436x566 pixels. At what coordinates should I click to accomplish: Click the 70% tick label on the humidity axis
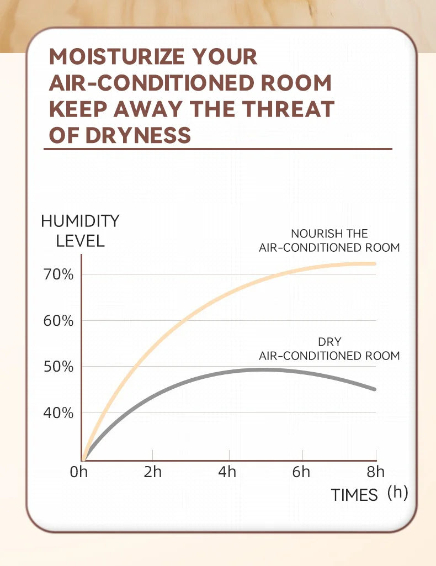pyautogui.click(x=59, y=274)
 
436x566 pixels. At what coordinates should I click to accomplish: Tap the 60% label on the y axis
pyautogui.click(x=59, y=320)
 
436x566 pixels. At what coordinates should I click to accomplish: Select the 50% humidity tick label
pyautogui.click(x=59, y=367)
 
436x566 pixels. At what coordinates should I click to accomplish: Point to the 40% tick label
pyautogui.click(x=59, y=412)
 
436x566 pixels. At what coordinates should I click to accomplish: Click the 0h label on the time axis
pyautogui.click(x=79, y=472)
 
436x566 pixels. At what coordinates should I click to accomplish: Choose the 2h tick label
pyautogui.click(x=152, y=472)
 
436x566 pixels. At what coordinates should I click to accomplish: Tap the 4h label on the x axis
pyautogui.click(x=227, y=472)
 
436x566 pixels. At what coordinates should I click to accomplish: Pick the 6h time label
pyautogui.click(x=301, y=472)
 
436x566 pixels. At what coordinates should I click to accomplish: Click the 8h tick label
pyautogui.click(x=376, y=472)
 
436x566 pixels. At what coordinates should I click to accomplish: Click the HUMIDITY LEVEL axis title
pyautogui.click(x=80, y=231)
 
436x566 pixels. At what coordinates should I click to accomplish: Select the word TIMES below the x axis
pyautogui.click(x=354, y=495)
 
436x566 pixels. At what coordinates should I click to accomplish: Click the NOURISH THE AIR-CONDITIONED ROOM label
pyautogui.click(x=329, y=241)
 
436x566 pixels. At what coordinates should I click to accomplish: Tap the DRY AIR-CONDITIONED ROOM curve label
pyautogui.click(x=329, y=349)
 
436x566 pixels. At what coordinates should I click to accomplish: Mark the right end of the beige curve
pyautogui.click(x=375, y=263)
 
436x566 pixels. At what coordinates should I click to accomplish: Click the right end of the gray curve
pyautogui.click(x=375, y=389)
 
